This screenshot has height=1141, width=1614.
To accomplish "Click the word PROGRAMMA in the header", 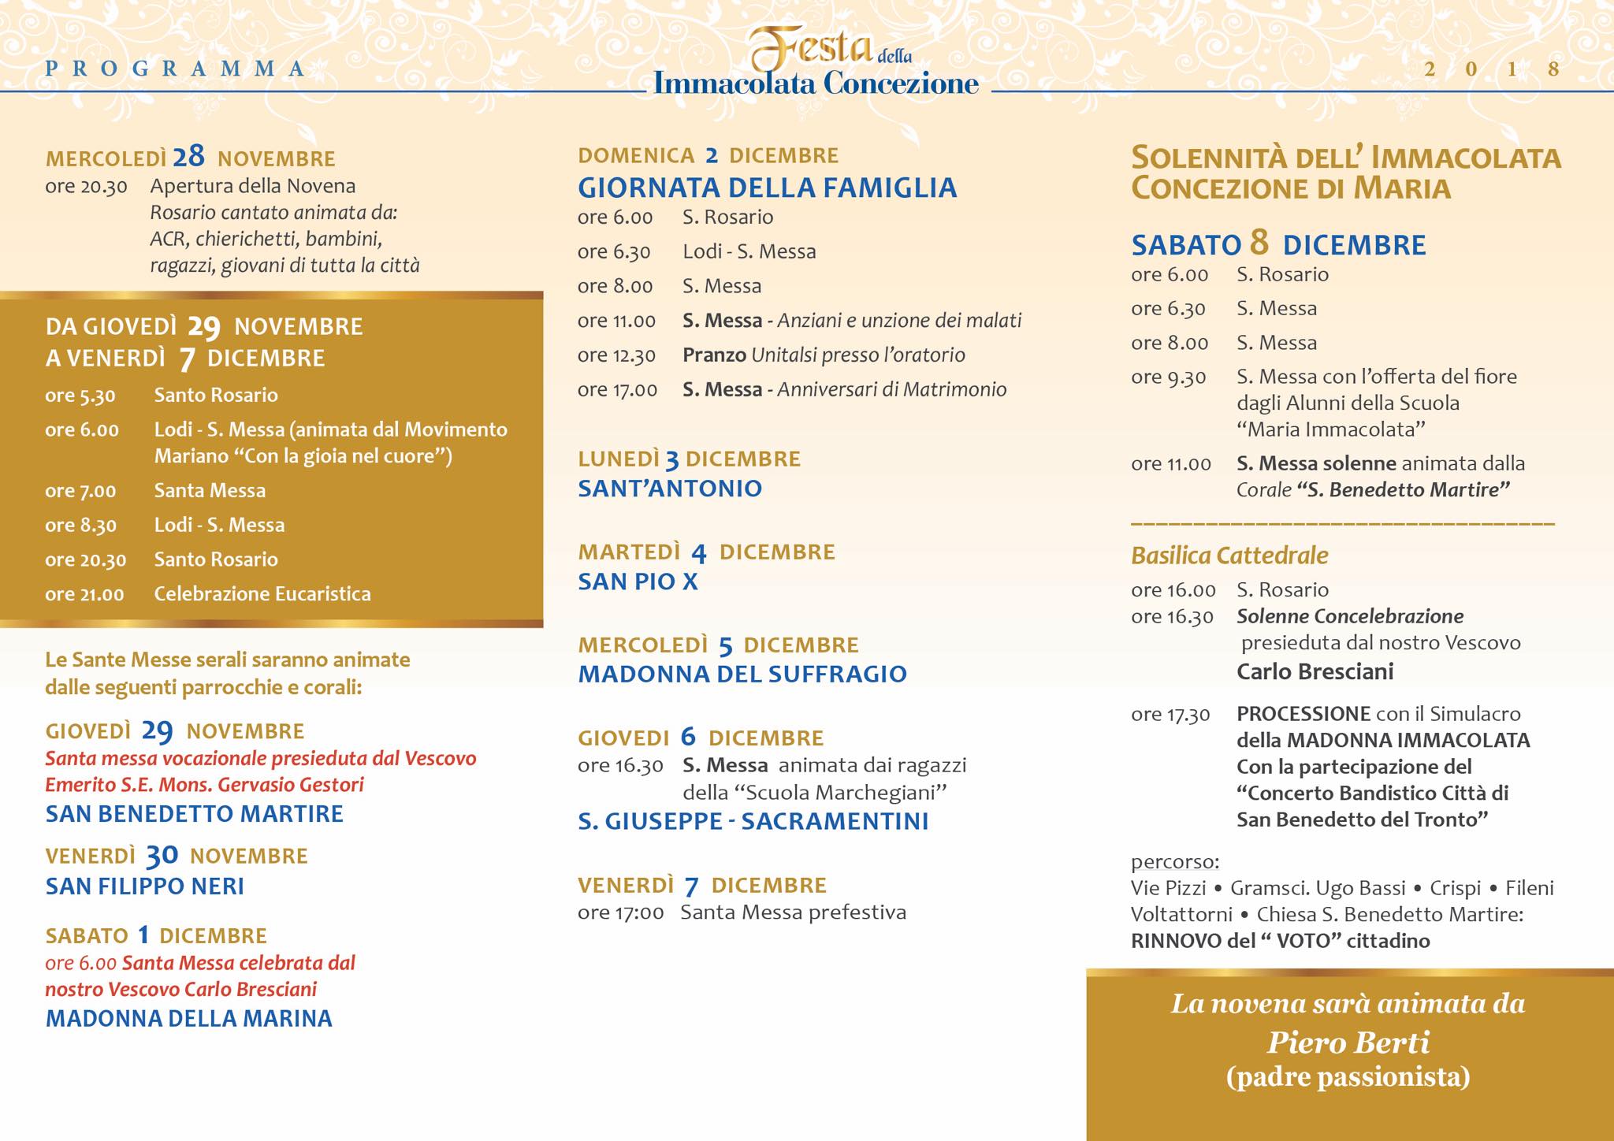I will (x=175, y=69).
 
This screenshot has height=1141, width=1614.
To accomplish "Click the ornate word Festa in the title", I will (x=811, y=50).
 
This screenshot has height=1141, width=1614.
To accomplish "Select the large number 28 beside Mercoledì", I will (x=189, y=157).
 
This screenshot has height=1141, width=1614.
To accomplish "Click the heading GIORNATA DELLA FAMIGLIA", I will (x=767, y=188).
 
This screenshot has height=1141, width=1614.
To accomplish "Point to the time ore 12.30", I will (x=616, y=355).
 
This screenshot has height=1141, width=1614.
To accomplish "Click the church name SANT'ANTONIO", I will (x=670, y=489).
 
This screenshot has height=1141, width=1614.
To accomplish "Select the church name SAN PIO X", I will (x=638, y=582).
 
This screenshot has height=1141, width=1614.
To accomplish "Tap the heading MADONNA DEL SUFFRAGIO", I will (x=742, y=674).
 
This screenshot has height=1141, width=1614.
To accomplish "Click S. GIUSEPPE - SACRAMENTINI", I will (x=753, y=821).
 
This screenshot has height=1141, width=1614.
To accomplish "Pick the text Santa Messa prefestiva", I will (x=793, y=912).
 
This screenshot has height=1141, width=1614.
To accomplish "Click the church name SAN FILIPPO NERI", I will (x=145, y=886).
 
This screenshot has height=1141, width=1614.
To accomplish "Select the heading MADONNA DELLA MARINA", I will (x=189, y=1018).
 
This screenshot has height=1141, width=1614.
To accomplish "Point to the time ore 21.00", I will (x=84, y=594).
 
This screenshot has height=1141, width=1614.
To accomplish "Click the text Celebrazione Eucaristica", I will (x=262, y=593).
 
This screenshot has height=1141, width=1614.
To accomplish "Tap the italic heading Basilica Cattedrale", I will (x=1229, y=556).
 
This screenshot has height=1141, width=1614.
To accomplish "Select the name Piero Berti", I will (x=1348, y=1043).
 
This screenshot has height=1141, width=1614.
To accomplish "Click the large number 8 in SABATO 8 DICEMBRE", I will (x=1259, y=243).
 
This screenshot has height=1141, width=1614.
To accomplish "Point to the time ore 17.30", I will (x=1170, y=715).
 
